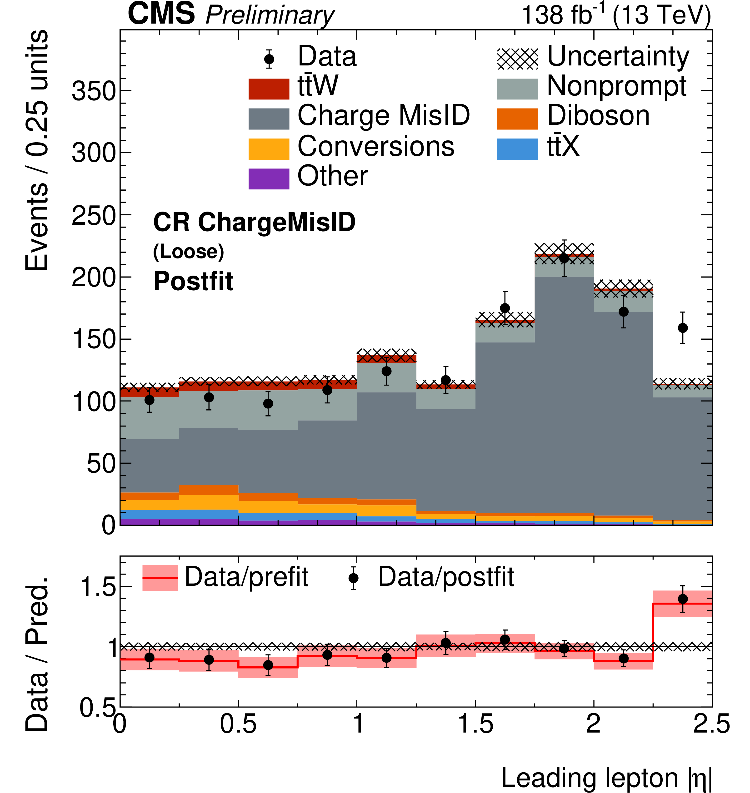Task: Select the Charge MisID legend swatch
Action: [269, 119]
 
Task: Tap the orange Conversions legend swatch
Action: [269, 149]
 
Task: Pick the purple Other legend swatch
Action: [269, 179]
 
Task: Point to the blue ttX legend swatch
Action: [517, 149]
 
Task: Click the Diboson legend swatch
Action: [517, 119]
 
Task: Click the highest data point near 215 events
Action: [564, 258]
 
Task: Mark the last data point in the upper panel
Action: [683, 328]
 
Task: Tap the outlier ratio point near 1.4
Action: [683, 599]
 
